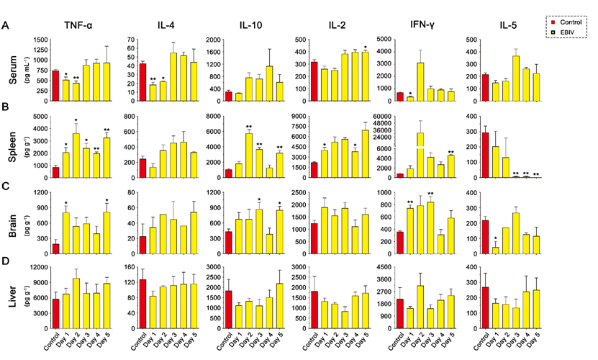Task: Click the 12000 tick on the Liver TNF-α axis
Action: (x=41, y=268)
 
